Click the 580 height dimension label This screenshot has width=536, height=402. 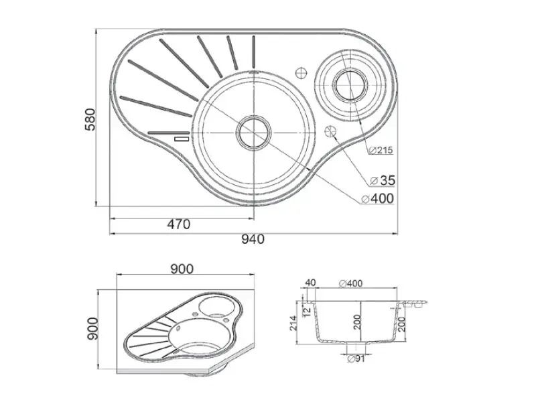click(90, 119)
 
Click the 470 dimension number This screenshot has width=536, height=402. click(178, 224)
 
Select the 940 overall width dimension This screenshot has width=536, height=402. click(253, 239)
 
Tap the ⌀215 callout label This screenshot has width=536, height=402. click(381, 150)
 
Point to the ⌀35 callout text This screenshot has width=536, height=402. click(383, 180)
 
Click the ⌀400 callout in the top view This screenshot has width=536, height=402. click(378, 198)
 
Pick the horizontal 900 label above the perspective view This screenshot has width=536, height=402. click(182, 269)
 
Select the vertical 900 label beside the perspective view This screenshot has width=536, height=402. click(92, 328)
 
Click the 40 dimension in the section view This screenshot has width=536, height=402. click(310, 283)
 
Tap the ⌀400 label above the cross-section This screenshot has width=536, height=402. click(350, 283)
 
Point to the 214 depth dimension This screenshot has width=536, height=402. click(293, 323)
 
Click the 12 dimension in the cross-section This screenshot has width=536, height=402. click(307, 310)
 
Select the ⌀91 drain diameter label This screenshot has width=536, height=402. click(356, 359)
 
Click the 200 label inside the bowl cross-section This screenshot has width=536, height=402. click(357, 322)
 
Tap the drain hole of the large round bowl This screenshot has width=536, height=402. click(254, 132)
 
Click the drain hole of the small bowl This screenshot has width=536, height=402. click(350, 84)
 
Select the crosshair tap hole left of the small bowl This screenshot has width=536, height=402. click(301, 73)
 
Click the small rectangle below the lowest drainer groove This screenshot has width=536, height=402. click(181, 139)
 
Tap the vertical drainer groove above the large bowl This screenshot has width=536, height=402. click(254, 52)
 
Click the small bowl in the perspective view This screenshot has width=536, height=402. click(216, 307)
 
